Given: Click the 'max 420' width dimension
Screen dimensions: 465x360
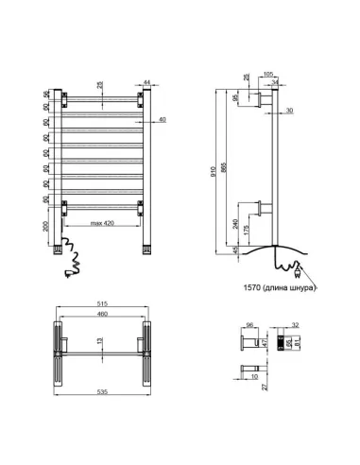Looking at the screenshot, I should (x=103, y=224).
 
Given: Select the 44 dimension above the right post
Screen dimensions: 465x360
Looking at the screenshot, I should (x=147, y=82).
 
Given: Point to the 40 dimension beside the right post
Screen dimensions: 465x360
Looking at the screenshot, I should (x=163, y=119).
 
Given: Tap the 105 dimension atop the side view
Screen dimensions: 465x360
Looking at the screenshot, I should (x=267, y=72).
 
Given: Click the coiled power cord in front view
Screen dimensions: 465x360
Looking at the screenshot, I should (x=72, y=256).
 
